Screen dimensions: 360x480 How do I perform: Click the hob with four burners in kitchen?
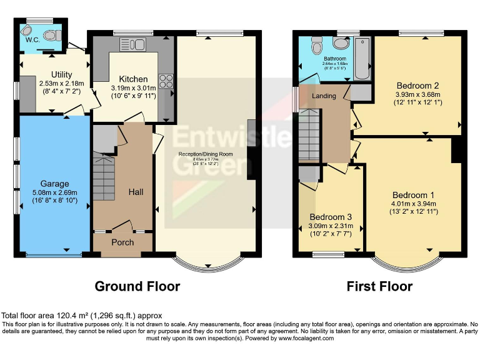pos(167,81)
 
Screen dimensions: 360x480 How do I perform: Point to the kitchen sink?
pos(133,43)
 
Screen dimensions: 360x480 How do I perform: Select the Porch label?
pos(122,242)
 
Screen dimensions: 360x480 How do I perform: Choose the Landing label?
pos(324,96)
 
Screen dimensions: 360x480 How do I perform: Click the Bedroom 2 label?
pos(417,86)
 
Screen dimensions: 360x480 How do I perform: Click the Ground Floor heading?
pos(137,286)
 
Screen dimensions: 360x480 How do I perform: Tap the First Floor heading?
pos(380,286)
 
